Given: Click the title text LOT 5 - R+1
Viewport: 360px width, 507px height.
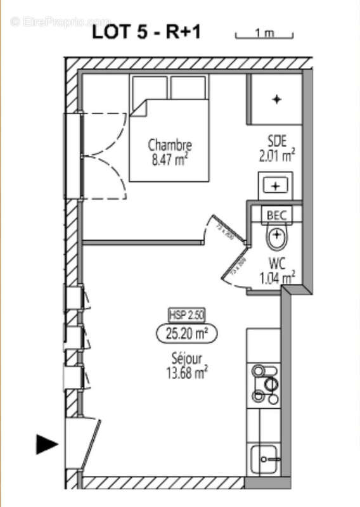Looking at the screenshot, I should click(x=146, y=32).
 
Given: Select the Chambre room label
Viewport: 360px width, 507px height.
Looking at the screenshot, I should click(x=169, y=145).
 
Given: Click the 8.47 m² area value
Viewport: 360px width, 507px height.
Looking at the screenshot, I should click(x=169, y=160).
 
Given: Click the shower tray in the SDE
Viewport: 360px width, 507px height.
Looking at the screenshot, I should click(x=276, y=99).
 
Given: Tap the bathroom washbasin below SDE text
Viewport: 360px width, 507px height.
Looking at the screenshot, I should click(x=276, y=186).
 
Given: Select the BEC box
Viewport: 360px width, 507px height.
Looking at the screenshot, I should click(x=276, y=215).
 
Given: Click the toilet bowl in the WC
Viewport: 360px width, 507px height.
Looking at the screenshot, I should click(x=276, y=238).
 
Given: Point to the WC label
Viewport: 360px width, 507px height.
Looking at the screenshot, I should click(x=277, y=263).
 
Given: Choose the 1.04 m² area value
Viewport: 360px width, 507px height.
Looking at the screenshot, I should click(x=277, y=277).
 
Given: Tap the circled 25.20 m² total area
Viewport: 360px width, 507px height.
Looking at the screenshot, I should click(x=186, y=331).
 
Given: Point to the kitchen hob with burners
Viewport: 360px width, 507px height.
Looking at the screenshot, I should click(x=264, y=384).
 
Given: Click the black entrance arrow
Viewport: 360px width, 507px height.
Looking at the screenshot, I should click(x=47, y=444).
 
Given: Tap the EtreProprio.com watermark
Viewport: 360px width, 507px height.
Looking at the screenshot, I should click(x=60, y=22).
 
